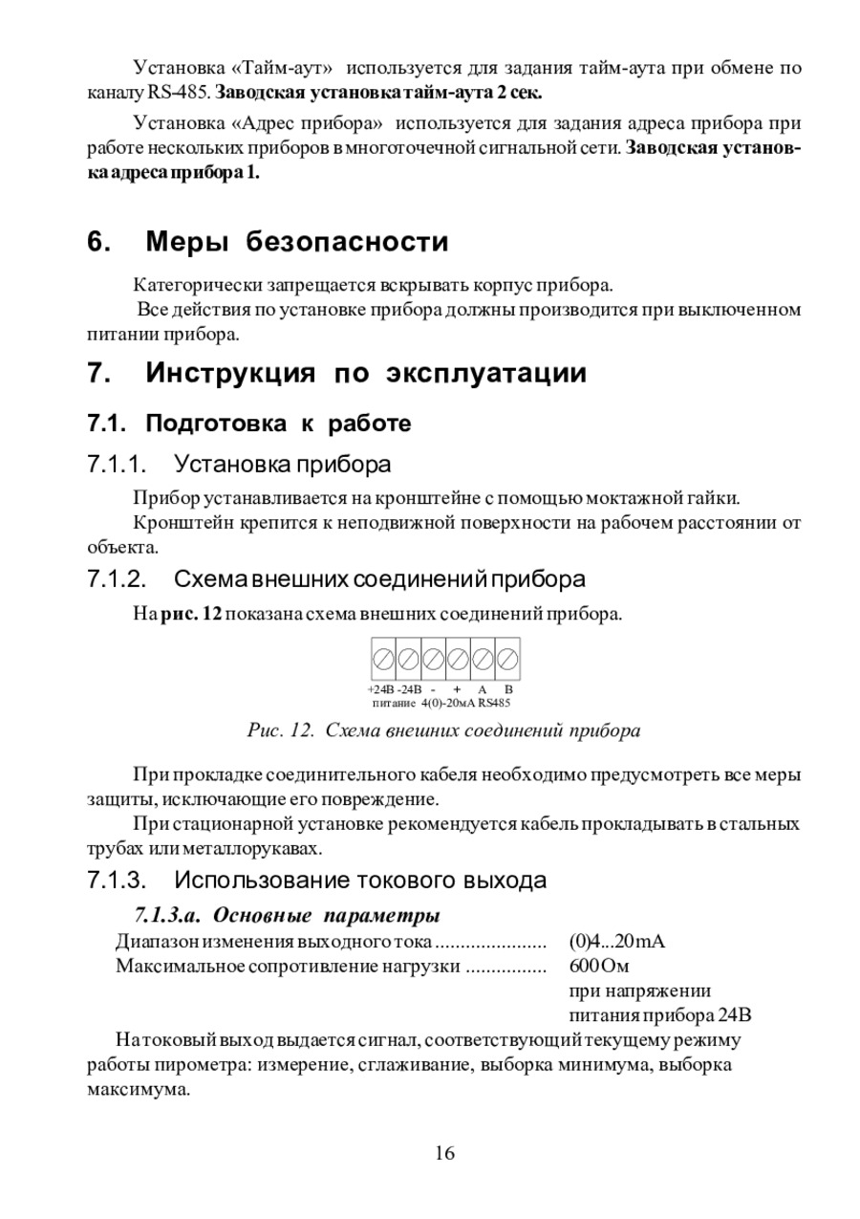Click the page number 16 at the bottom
click(444, 1153)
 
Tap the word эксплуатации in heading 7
click(486, 374)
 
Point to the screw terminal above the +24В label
click(382, 659)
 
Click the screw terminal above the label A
click(483, 659)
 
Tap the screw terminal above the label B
click(508, 659)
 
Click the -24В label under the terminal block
click(410, 689)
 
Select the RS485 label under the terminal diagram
click(494, 703)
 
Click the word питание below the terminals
click(393, 703)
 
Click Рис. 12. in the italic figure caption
click(281, 731)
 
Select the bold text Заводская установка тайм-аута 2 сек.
click(379, 94)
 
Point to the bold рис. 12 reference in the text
click(190, 614)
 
